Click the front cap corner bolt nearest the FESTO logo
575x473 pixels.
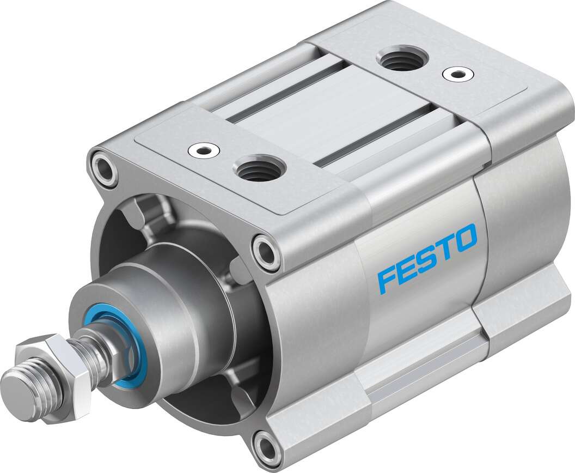pyautogui.click(x=267, y=251)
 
